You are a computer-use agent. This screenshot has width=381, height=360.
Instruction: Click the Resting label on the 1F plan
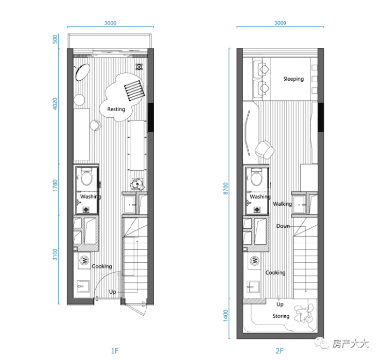click(x=116, y=109)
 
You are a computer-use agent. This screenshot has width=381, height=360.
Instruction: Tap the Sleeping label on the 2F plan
click(x=293, y=79)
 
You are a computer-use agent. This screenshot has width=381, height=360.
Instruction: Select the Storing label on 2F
click(x=281, y=316)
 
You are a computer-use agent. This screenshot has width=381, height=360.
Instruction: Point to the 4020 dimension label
click(x=55, y=104)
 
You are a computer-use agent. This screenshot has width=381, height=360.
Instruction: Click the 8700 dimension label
click(x=226, y=188)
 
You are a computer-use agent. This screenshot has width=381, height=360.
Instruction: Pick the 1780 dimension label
click(x=55, y=185)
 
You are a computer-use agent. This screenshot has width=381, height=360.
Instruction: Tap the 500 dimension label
click(x=55, y=39)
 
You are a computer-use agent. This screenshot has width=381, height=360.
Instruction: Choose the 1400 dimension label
click(x=226, y=316)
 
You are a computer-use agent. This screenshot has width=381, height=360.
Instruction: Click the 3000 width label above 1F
click(x=110, y=23)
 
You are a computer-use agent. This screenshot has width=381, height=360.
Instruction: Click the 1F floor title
click(x=114, y=351)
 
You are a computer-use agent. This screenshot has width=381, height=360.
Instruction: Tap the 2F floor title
click(x=280, y=351)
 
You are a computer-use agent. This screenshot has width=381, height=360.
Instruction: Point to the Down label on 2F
click(x=283, y=226)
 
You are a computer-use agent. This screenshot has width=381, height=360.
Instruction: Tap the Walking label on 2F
click(x=282, y=204)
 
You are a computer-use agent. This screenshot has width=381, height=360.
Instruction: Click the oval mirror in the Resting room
click(x=82, y=72)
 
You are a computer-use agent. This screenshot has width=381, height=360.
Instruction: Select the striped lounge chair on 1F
click(x=134, y=91)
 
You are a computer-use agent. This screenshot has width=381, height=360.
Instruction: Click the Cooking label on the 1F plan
click(x=102, y=266)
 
